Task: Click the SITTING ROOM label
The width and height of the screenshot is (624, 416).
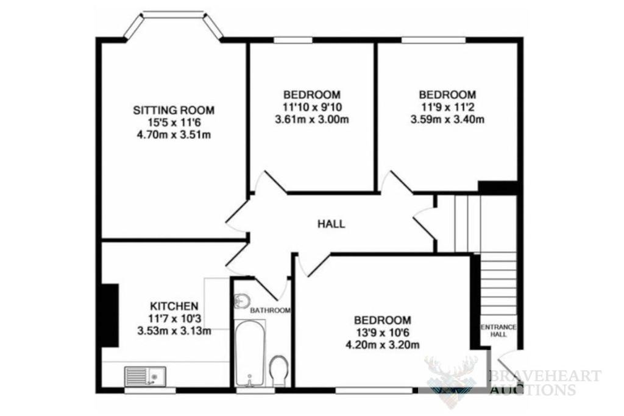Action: coord(174,110)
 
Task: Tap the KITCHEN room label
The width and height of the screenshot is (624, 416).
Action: coord(174,306)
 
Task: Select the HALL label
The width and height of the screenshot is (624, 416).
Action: coord(331,224)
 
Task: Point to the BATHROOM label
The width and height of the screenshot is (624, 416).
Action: coord(270,311)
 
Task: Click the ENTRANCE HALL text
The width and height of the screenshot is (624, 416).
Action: coord(498,331)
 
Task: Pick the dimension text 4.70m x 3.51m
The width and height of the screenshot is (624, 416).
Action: coord(174,135)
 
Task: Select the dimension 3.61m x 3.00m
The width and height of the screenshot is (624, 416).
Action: coord(312,119)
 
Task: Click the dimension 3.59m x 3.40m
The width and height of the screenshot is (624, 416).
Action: coord(447,119)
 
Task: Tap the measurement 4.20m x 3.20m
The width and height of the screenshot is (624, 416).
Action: coord(383,345)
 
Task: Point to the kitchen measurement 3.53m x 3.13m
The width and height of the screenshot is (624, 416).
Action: coord(174,331)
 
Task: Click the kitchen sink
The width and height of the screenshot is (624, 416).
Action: coord(145,376)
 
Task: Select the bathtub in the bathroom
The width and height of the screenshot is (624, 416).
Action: coord(249,353)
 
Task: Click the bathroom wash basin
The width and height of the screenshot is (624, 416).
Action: coord(241,301)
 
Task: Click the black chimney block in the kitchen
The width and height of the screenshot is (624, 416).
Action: coord(110,316)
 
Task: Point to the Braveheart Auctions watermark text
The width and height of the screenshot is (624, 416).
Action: coord(544,383)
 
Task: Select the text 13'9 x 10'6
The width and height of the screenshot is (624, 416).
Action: coord(383,333)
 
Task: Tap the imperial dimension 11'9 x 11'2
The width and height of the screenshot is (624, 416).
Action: coord(447,107)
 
